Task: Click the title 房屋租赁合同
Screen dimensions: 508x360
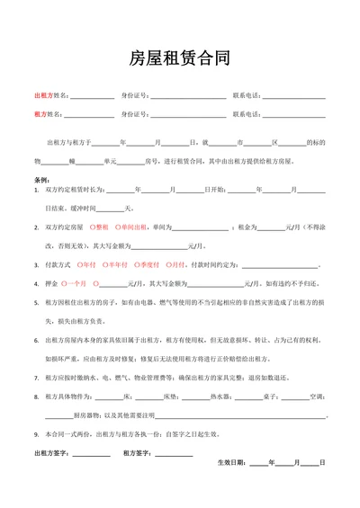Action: [180, 59]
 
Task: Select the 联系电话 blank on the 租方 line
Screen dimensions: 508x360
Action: [293, 115]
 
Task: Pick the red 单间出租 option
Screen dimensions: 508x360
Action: [130, 227]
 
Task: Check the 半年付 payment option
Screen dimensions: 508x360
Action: [117, 264]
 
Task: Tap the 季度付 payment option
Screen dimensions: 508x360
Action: [148, 264]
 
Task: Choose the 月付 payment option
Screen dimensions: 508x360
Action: [177, 264]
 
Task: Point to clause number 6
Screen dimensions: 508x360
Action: [36, 341]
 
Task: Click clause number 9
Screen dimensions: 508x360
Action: [36, 434]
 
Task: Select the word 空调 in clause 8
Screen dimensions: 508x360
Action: [316, 397]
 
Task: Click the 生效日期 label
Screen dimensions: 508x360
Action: [231, 462]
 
